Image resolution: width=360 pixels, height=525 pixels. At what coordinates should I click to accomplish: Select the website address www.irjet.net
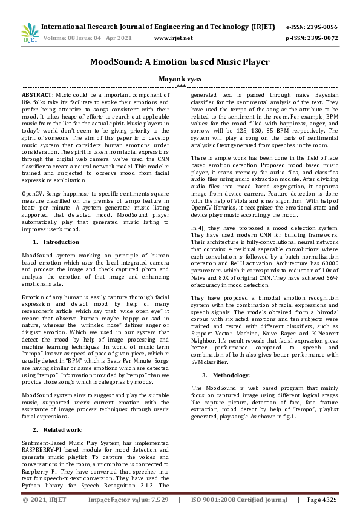coord(174,38)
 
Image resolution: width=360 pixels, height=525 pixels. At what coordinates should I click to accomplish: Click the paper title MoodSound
coord(180,62)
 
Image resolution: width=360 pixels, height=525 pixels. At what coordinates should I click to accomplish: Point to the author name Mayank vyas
coord(180,79)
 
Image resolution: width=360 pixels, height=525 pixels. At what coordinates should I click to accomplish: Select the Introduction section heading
coord(60,242)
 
